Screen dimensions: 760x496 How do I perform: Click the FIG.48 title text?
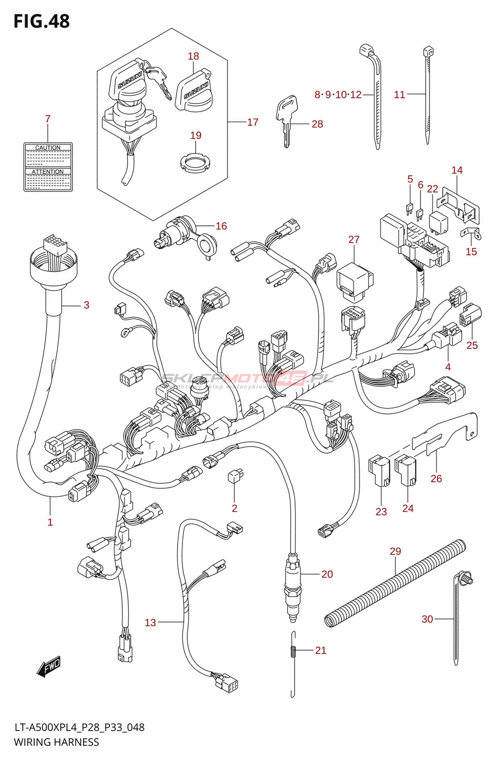[42, 21]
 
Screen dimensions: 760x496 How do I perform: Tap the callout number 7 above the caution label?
[48, 119]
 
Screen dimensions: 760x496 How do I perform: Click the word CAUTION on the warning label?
[48, 148]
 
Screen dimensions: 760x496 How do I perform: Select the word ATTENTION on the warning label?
[48, 171]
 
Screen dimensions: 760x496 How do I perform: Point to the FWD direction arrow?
[49, 667]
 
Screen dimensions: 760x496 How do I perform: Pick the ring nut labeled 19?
[195, 163]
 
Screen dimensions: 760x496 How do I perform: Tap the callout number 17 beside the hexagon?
[253, 123]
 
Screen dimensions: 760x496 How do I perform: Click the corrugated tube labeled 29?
[394, 584]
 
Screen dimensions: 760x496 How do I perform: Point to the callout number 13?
[150, 622]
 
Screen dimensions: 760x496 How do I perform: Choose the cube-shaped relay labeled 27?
[354, 282]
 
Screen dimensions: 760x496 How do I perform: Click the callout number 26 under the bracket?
[436, 478]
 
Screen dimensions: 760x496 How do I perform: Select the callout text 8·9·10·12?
[338, 95]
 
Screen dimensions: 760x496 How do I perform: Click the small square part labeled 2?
[235, 476]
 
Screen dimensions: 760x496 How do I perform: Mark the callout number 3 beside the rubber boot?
[86, 305]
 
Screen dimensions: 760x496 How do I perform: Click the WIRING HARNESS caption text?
[57, 742]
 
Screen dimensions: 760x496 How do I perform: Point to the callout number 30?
[427, 619]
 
